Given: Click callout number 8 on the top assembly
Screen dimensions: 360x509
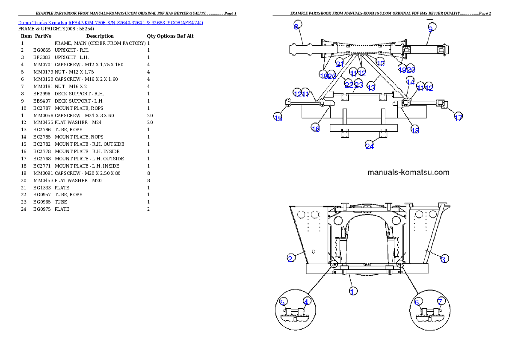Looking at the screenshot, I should click(296, 27).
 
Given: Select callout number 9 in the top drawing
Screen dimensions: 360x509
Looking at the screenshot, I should click(431, 28).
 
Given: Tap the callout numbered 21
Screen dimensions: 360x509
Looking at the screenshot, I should click(340, 64).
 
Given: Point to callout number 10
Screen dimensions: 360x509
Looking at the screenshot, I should click(380, 63).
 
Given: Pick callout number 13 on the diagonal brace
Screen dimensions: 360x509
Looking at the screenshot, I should click(371, 87).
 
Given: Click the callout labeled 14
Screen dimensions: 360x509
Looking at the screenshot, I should click(410, 82).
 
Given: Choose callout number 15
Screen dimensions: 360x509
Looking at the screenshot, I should click(278, 118).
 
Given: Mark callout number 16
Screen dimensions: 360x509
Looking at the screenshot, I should click(316, 128).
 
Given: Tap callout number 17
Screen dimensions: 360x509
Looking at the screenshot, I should click(458, 118).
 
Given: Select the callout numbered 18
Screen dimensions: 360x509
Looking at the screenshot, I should click(415, 130).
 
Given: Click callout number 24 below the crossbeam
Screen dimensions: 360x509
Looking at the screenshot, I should click(370, 146).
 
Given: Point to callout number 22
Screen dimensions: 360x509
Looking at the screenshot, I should click(349, 85).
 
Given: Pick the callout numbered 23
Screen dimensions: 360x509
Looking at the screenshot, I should click(358, 85).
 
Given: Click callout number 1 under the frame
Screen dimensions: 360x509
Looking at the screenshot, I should click(352, 291).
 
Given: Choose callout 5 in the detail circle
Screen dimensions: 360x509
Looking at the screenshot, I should click(282, 302).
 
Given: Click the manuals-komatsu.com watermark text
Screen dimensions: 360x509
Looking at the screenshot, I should click(408, 173).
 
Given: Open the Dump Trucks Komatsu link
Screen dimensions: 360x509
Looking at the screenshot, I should click(110, 22).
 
